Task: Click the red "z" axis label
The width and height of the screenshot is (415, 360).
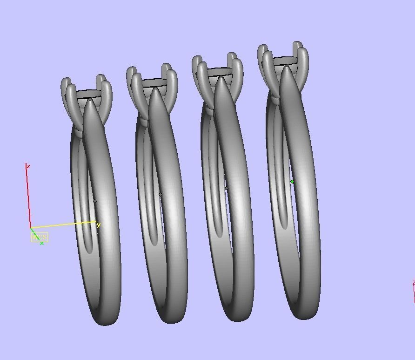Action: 28,166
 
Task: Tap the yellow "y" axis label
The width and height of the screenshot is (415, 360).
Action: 99,225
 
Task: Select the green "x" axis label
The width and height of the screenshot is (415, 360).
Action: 42,243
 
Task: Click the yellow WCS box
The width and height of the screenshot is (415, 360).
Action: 39,237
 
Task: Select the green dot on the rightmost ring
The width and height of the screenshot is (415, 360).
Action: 292,182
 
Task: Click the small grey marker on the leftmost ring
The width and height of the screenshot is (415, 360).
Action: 95,201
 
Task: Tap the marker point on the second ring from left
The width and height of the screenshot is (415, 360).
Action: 161,195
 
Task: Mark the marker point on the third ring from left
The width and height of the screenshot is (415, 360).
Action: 227,188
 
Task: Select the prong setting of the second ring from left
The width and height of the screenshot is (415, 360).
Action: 153,86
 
